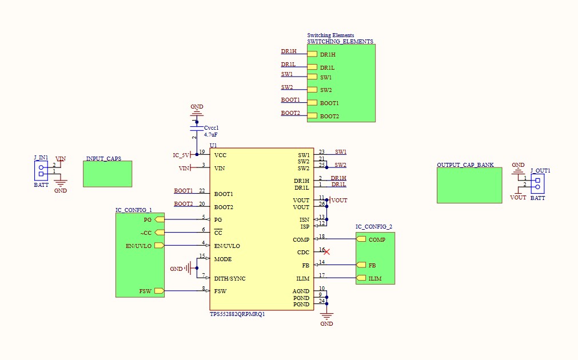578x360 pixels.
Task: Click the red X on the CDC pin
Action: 326,251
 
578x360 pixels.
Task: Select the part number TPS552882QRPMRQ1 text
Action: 237,314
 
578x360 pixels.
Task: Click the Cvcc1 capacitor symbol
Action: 197,130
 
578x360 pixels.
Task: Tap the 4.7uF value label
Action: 212,134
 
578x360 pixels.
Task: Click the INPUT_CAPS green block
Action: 107,174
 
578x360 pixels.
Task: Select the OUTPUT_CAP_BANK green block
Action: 469,185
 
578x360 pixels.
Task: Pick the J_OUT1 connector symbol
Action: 537,183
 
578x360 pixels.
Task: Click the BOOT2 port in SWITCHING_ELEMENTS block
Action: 312,116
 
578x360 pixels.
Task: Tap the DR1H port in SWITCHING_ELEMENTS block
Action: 312,54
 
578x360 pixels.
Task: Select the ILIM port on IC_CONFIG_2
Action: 361,278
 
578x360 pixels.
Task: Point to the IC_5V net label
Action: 181,155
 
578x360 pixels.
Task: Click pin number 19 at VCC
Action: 202,152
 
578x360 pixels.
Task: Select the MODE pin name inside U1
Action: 223,259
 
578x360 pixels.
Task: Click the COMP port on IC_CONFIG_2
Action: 361,239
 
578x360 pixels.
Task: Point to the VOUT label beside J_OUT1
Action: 518,198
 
